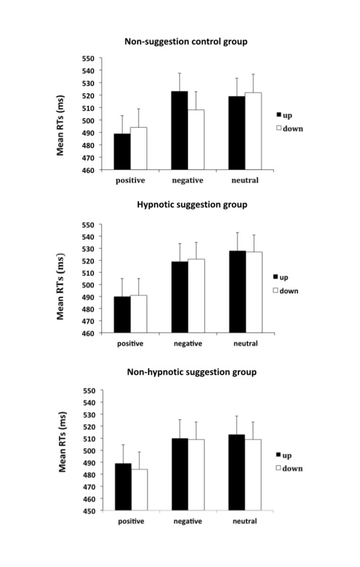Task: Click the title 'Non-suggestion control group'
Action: click(x=186, y=42)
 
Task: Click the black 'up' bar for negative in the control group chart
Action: click(x=180, y=130)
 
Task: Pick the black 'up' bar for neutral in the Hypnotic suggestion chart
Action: click(x=237, y=292)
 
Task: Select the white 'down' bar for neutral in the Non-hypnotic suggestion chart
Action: click(x=253, y=475)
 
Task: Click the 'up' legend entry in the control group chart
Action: click(x=286, y=115)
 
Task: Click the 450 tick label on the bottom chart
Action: click(x=90, y=511)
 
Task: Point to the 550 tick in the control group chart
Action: click(x=89, y=59)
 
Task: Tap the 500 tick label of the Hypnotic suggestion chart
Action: click(x=89, y=285)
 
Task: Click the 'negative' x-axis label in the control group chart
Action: click(x=188, y=180)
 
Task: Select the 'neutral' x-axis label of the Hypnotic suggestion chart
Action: click(x=245, y=344)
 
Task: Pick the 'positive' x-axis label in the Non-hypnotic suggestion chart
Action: click(x=130, y=521)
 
